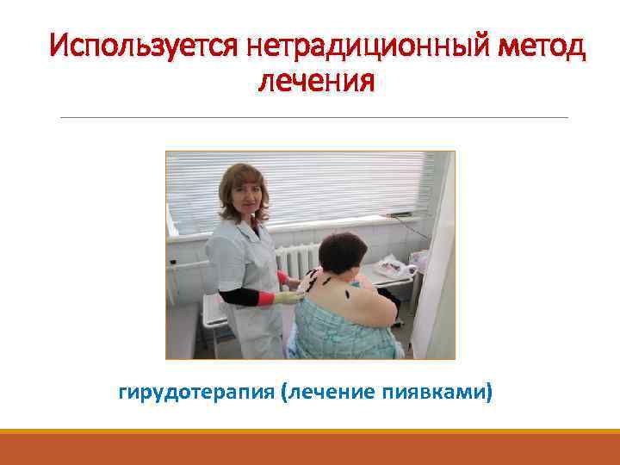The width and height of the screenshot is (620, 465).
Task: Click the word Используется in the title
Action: click(x=143, y=44)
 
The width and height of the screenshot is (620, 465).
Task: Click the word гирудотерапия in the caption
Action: click(x=196, y=393)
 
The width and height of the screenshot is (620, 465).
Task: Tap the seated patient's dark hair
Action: click(x=342, y=250)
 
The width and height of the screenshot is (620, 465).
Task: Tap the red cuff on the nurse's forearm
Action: click(x=268, y=298)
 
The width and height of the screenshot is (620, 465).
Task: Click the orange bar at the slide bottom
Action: click(x=310, y=448)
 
